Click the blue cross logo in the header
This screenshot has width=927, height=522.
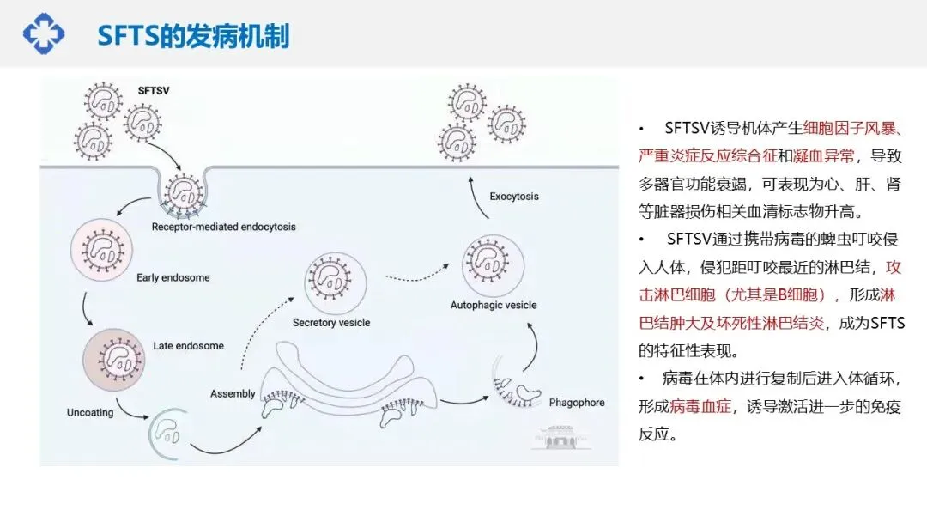pos(43,33)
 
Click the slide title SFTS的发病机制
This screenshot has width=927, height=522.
pos(193,36)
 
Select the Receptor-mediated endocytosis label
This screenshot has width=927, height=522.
pos(223,227)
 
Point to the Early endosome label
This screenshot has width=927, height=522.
pos(173,278)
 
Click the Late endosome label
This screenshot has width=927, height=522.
pos(188,346)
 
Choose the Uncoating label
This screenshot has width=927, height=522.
pos(90,413)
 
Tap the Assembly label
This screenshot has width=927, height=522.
pos(233,394)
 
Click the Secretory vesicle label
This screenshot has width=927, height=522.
pos(331,323)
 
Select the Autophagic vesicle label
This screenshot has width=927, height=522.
pos(494,305)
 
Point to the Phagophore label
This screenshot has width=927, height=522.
pos(577,402)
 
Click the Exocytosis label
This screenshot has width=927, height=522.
pos(514,197)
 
